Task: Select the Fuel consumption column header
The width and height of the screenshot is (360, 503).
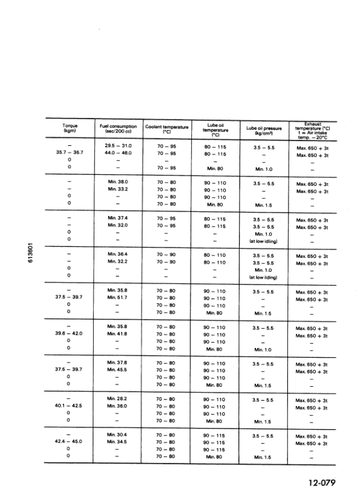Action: tap(118, 128)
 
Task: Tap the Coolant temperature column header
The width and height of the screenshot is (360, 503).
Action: tap(168, 128)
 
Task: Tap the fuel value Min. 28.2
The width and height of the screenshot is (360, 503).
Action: tap(118, 399)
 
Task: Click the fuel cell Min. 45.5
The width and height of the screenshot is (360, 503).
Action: tap(118, 370)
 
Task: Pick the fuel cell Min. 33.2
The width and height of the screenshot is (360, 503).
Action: tap(118, 189)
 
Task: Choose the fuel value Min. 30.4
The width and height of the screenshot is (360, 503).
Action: tap(118, 435)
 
